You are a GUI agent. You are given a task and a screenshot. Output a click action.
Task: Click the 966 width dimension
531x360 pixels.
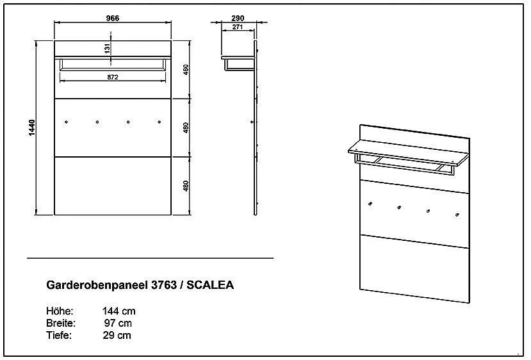click(113, 18)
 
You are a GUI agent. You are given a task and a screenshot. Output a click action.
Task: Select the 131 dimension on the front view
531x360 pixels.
click(108, 48)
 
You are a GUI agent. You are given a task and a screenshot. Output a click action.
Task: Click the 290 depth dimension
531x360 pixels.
click(237, 18)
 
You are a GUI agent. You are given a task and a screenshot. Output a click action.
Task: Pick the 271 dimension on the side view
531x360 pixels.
click(237, 28)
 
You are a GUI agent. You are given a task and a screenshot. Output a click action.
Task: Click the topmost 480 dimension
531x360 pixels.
click(186, 70)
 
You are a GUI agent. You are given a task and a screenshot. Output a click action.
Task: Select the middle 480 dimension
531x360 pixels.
click(186, 127)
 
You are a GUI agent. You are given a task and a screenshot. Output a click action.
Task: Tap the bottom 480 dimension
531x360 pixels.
click(186, 186)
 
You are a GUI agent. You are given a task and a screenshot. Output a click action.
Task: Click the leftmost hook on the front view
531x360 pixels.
click(67, 120)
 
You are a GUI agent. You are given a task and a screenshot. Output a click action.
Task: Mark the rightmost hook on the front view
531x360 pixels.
click(158, 120)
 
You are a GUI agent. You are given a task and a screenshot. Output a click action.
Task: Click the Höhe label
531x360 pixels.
click(60, 311)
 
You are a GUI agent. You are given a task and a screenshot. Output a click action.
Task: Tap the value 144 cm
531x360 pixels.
click(119, 311)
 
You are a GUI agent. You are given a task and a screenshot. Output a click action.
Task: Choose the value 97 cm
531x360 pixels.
click(119, 323)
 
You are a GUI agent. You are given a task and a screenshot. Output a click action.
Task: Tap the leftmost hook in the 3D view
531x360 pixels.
click(370, 204)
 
